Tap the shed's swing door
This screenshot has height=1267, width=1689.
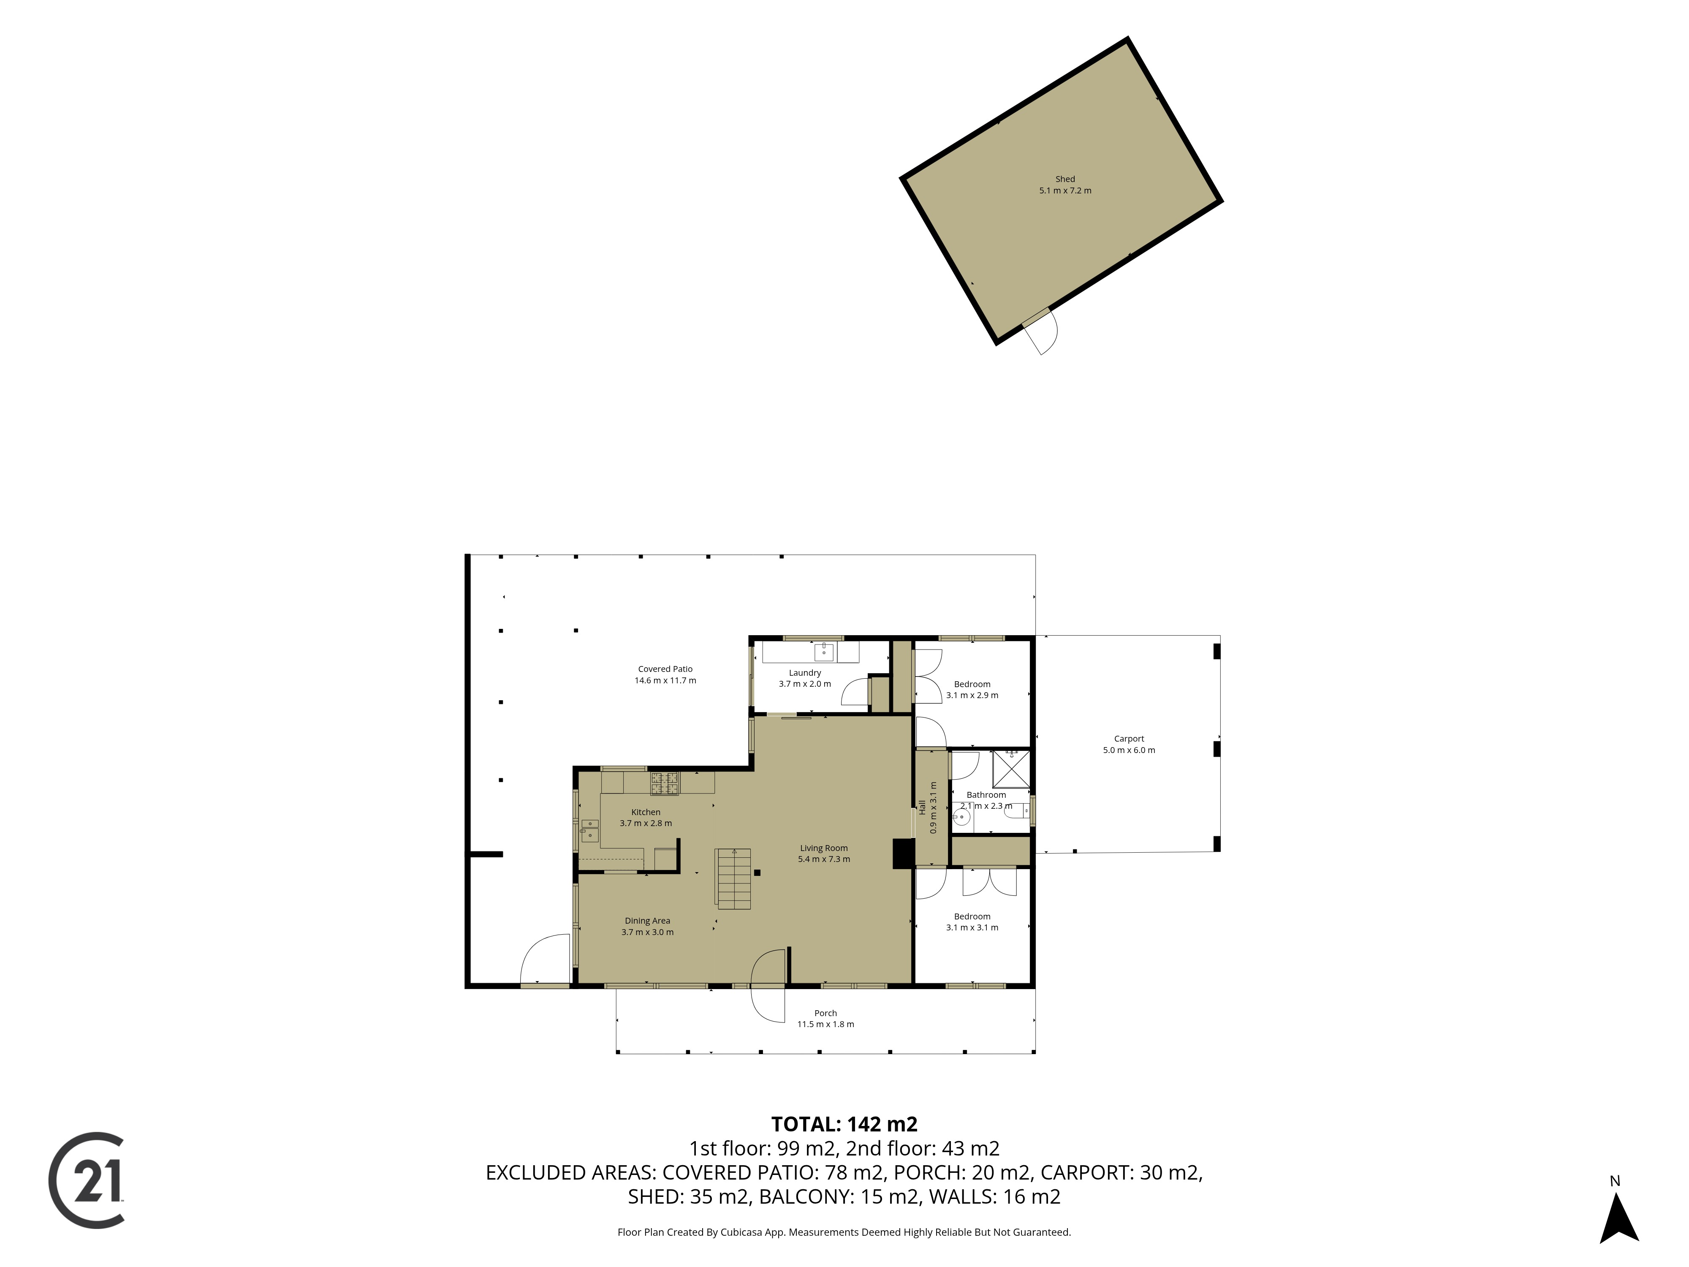[1042, 331]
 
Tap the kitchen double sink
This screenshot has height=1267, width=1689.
[589, 830]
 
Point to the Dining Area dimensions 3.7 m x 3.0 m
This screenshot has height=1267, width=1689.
[647, 932]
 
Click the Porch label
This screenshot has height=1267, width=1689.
[825, 1013]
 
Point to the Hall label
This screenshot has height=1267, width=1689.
[922, 807]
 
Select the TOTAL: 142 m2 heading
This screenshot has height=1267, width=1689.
[844, 1124]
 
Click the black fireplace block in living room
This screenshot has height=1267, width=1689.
[903, 854]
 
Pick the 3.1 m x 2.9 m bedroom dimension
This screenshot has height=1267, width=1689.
[972, 695]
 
